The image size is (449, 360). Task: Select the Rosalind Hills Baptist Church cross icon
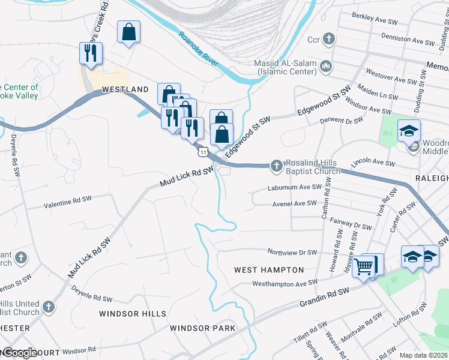[276, 164]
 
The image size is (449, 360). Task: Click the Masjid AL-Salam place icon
[326, 65]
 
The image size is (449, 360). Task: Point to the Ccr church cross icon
[328, 40]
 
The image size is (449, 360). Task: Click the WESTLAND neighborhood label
[125, 89]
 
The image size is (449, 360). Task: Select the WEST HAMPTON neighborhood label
[268, 271]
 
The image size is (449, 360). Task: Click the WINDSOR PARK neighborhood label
[202, 328]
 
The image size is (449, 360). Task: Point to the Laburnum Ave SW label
[291, 188]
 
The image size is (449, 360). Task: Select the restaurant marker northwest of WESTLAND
[91, 53]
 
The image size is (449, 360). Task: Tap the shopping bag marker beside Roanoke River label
[129, 32]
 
